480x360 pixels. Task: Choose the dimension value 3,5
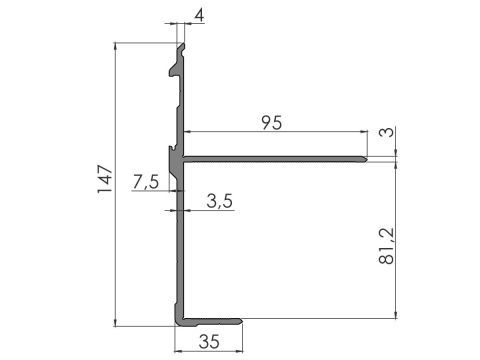tap(220, 201)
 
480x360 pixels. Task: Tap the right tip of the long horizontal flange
tap(368, 157)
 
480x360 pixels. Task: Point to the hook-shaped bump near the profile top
tap(173, 70)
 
